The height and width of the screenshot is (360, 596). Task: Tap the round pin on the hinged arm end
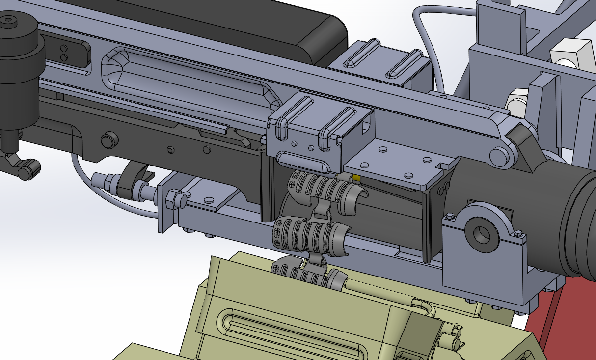(499, 157)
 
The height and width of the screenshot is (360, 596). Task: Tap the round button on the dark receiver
(109, 140)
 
